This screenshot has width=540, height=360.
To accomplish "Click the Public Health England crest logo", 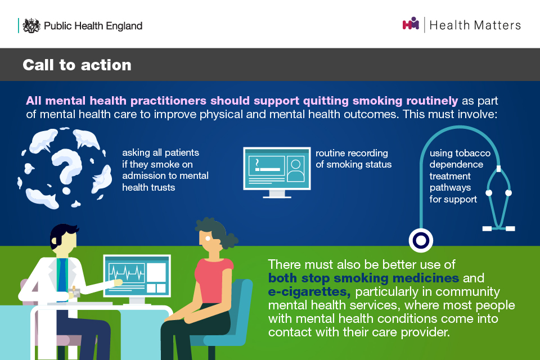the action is click(31, 25).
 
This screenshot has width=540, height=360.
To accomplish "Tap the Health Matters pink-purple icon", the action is click(411, 24).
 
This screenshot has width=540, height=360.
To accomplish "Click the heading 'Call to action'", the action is click(77, 65).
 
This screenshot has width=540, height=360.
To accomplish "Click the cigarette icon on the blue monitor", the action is click(267, 166).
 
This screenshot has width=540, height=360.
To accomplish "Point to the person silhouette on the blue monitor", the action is click(296, 169).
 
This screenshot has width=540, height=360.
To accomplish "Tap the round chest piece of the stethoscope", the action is click(421, 240).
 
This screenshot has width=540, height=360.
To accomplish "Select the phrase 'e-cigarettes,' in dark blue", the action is click(309, 292).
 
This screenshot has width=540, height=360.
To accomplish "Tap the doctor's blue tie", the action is click(62, 276).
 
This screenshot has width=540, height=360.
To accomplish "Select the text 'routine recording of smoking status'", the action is click(353, 159).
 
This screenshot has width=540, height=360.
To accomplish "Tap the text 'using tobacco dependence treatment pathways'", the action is click(460, 170).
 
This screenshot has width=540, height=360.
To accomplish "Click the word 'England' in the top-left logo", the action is click(124, 26).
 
